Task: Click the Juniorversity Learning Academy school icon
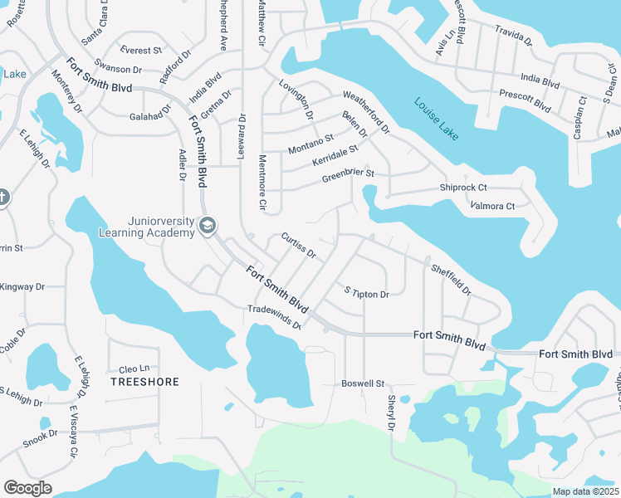click(208, 226)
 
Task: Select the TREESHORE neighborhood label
click(144, 382)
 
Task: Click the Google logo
click(27, 488)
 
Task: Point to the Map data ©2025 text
click(584, 491)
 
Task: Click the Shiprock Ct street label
click(462, 188)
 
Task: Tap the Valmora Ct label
click(492, 205)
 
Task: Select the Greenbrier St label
click(349, 177)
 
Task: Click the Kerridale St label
click(335, 154)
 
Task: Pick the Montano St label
click(310, 144)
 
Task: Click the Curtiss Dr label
click(298, 246)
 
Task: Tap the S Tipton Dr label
click(367, 292)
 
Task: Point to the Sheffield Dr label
click(452, 280)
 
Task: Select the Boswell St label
click(364, 383)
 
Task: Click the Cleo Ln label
click(134, 369)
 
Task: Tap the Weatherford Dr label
click(365, 113)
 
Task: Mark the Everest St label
click(140, 50)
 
